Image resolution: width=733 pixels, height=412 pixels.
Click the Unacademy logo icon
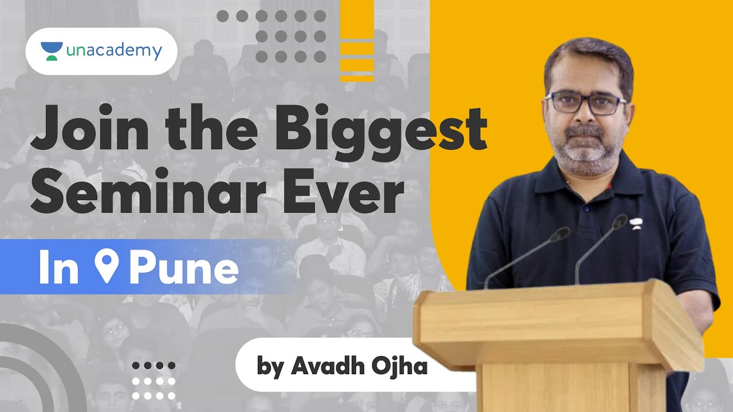pos(52,51)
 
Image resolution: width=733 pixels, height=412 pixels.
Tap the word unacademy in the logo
pos(113,51)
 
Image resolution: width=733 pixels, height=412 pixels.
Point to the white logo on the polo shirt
pos(635,222)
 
